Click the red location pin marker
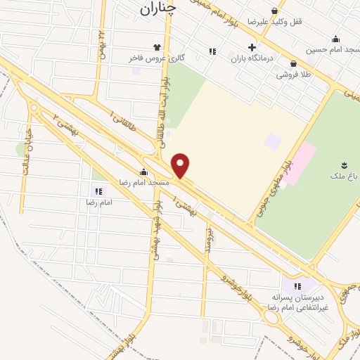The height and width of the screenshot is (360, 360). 181,166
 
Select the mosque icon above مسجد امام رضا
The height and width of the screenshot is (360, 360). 144,172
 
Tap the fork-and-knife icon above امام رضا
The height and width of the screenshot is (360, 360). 98,191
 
